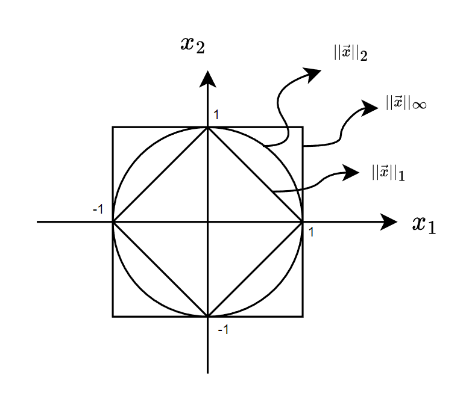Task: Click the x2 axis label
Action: click(x=192, y=45)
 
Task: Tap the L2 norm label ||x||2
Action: click(x=351, y=53)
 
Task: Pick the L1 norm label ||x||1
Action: click(x=388, y=173)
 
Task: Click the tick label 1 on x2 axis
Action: click(x=216, y=114)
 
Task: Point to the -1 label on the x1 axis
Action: click(x=98, y=209)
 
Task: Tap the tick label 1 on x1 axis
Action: click(x=311, y=231)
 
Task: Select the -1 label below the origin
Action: click(x=222, y=330)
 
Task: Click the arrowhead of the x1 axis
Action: click(x=389, y=221)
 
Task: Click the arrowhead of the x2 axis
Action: click(x=207, y=78)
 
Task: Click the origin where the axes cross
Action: click(x=207, y=221)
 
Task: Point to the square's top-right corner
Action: click(x=302, y=127)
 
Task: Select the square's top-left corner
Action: click(x=113, y=127)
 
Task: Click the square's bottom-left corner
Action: click(x=113, y=316)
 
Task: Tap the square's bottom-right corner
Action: click(x=302, y=316)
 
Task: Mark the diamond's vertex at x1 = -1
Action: click(x=113, y=221)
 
